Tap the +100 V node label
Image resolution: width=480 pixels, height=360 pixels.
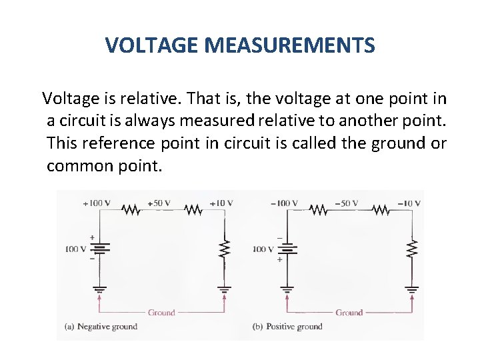(97, 203)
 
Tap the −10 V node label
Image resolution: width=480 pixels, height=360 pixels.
(409, 203)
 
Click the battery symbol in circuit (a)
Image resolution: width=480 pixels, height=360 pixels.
(100, 249)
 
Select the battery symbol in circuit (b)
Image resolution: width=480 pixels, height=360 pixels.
(287, 249)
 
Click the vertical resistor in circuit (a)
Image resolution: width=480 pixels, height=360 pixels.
(225, 249)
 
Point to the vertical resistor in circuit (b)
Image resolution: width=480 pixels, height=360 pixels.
(412, 249)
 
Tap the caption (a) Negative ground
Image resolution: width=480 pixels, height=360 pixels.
(101, 327)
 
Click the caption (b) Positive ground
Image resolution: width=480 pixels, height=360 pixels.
(287, 327)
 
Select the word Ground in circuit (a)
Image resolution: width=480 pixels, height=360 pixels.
(161, 312)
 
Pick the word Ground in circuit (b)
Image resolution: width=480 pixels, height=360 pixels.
(349, 312)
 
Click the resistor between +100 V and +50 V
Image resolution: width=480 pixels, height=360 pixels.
(131, 211)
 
